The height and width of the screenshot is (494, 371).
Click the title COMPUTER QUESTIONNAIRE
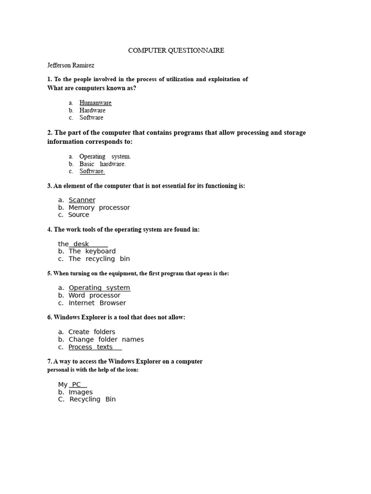(176, 51)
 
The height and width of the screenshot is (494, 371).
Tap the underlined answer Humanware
(95, 103)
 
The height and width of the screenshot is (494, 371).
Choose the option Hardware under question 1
(92, 110)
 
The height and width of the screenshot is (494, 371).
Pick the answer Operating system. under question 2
(105, 156)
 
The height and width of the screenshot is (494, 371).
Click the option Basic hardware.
(102, 164)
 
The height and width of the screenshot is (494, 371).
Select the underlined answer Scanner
(82, 200)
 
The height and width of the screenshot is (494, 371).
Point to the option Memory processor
(99, 207)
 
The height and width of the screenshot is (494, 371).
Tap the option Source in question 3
(78, 215)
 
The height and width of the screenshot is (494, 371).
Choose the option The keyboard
(92, 251)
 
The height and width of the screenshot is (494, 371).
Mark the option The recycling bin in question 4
(99, 259)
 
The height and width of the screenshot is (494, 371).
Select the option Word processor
(94, 295)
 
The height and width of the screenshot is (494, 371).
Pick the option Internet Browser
(97, 303)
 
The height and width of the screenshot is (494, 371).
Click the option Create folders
(92, 332)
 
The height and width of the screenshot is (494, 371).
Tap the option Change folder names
(106, 339)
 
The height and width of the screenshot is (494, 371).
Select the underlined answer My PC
(76, 384)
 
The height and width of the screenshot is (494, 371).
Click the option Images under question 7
(80, 392)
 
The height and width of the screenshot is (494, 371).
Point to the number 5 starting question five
(49, 274)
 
